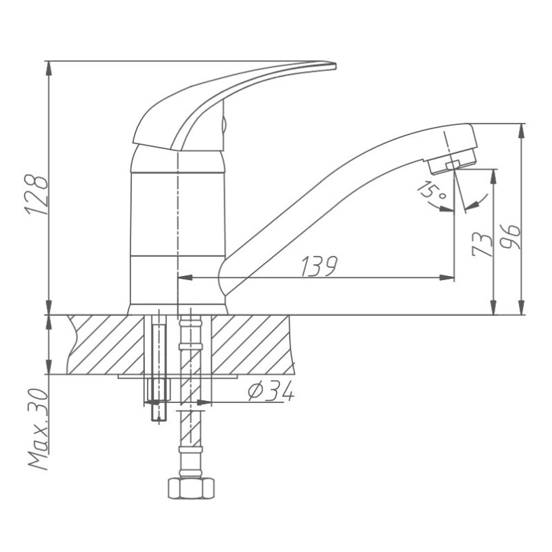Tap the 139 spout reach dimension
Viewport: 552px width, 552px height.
[318, 266]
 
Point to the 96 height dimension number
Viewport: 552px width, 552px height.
[511, 237]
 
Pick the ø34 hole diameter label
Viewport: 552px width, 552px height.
[270, 391]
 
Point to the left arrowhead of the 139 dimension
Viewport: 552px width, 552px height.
[182, 278]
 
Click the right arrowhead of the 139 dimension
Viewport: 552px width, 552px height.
[450, 278]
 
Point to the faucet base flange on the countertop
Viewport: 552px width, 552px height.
[177, 309]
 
